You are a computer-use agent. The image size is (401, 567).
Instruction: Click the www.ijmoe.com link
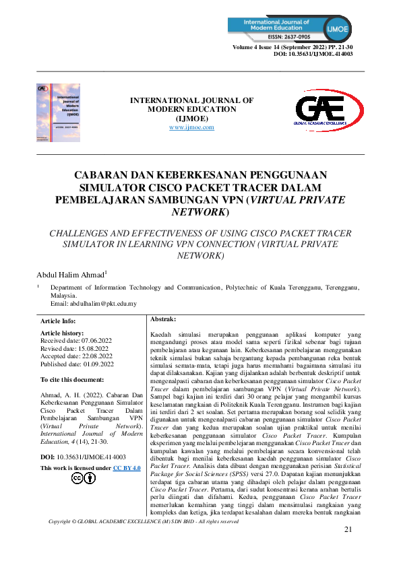(191, 127)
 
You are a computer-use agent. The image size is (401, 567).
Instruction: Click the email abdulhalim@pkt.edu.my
(94, 304)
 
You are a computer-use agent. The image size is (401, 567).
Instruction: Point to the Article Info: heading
(59, 321)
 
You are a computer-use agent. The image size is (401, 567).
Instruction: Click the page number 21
(348, 549)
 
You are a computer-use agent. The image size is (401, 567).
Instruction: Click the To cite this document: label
(72, 380)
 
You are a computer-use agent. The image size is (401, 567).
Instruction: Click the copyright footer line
(144, 540)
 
